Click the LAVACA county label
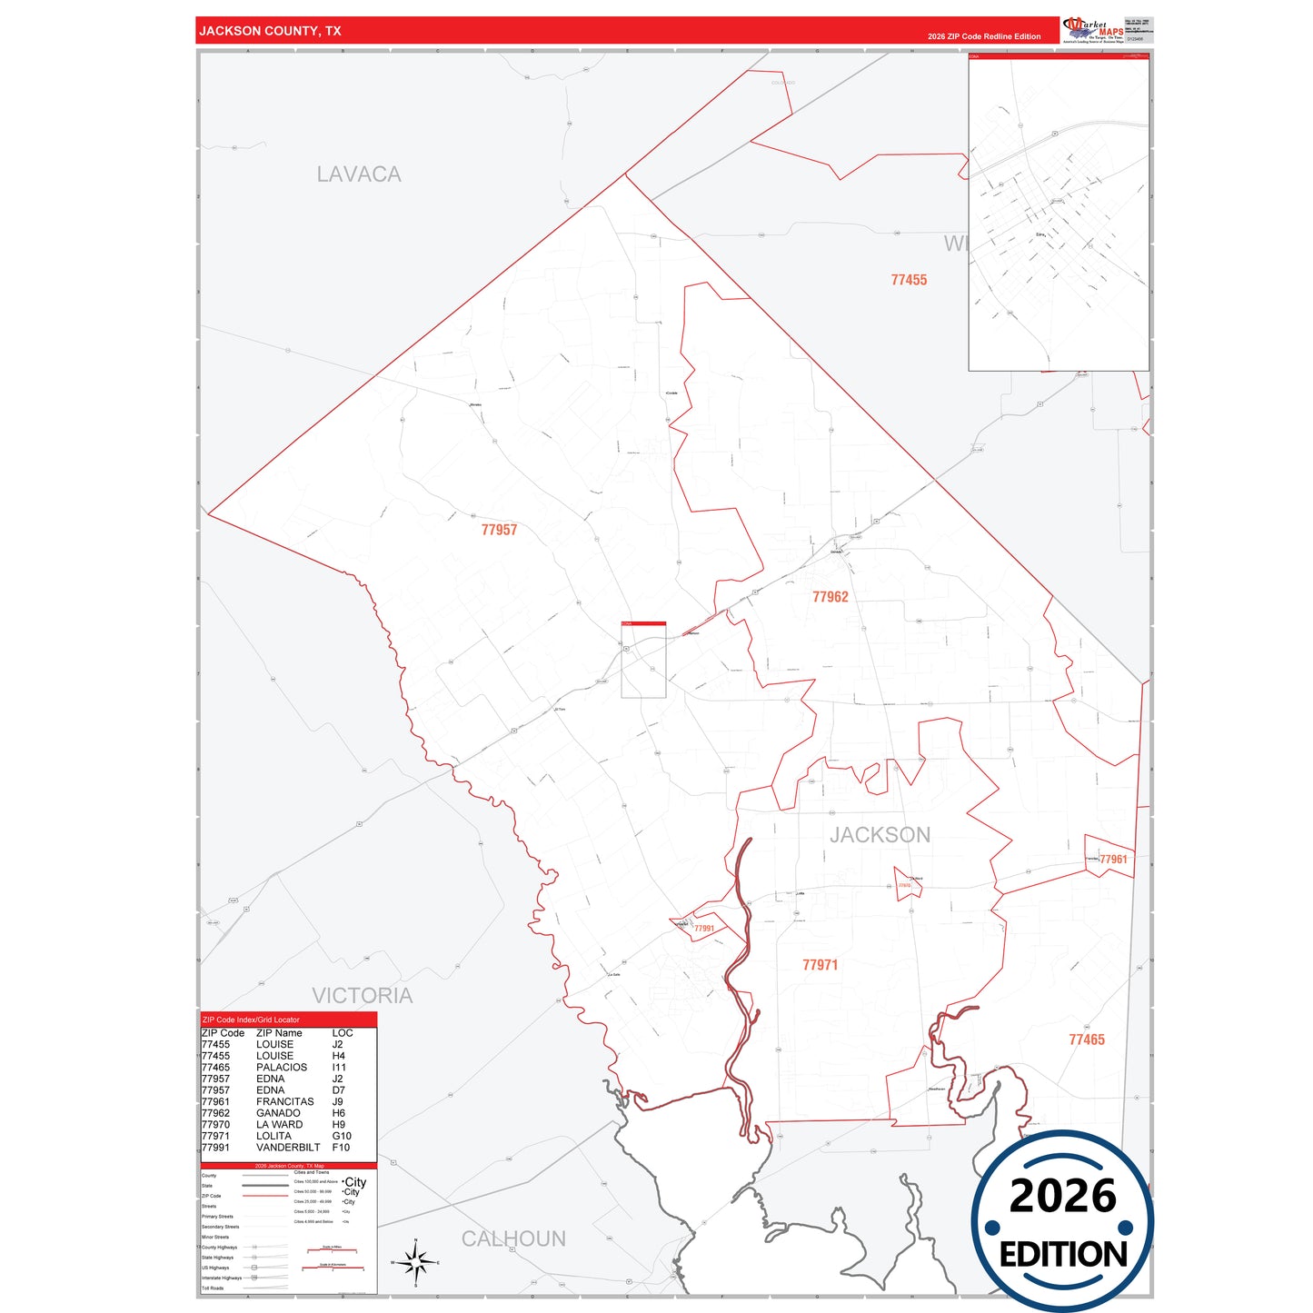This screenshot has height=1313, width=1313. (359, 174)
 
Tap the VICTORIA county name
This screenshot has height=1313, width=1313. (362, 996)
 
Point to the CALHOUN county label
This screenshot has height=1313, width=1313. (513, 1238)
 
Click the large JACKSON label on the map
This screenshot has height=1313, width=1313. (880, 835)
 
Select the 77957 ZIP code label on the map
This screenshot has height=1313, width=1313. (499, 530)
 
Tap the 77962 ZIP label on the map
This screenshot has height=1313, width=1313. (831, 597)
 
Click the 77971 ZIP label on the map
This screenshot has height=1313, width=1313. (820, 965)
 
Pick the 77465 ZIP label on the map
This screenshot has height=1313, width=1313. (1087, 1039)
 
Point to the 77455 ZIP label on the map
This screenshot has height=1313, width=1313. (909, 280)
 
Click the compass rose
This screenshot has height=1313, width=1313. (416, 1262)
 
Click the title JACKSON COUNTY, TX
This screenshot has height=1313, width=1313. (271, 31)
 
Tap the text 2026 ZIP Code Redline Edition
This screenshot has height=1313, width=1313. (984, 36)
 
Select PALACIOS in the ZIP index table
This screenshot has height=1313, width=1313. (282, 1068)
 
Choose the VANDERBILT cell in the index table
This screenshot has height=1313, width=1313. (288, 1148)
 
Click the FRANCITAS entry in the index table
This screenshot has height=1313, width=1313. (285, 1102)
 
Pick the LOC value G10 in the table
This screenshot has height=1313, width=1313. (342, 1136)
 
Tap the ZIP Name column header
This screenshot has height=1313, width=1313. (279, 1033)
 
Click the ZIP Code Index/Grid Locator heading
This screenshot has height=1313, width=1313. (251, 1020)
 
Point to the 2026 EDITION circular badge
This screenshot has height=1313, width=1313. (1062, 1220)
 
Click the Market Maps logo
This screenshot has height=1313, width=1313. (1093, 30)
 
